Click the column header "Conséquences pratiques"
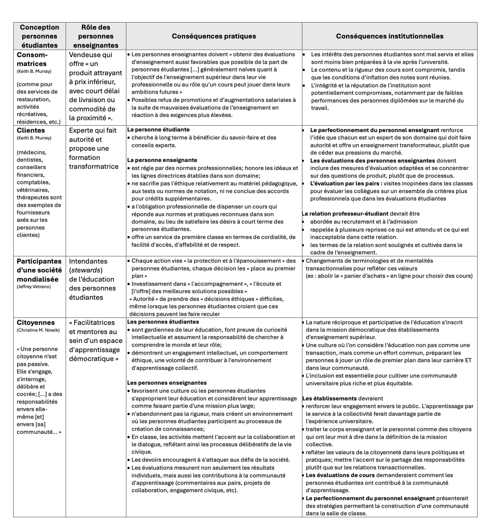(x=214, y=36)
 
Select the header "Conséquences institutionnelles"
(x=390, y=36)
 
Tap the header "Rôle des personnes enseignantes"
(x=96, y=36)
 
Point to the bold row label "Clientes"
(x=31, y=130)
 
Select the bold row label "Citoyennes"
(x=36, y=323)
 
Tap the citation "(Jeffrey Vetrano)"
(x=34, y=287)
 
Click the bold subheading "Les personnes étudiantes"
(x=163, y=322)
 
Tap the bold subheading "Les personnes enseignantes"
(x=167, y=383)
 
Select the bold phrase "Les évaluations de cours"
(x=340, y=475)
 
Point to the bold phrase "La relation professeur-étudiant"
(x=345, y=214)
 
